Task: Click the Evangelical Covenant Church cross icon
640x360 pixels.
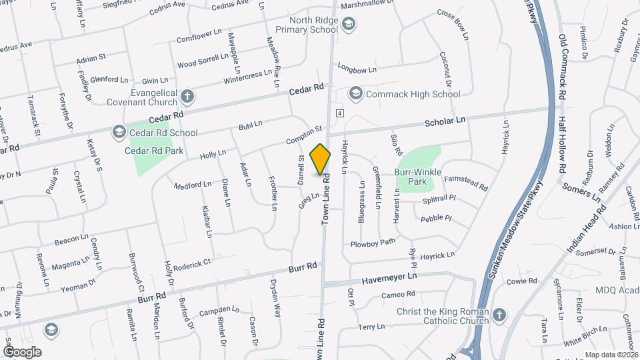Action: click(187, 97)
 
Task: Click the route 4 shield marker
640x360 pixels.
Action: click(339, 113)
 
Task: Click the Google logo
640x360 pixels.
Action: click(22, 351)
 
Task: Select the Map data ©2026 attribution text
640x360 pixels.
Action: click(611, 355)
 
